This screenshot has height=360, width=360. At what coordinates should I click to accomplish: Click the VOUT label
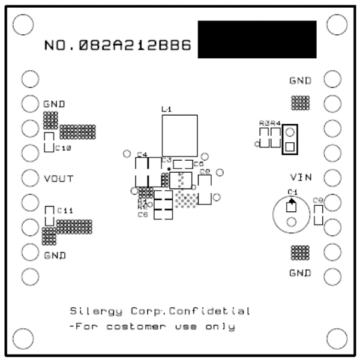[58, 179]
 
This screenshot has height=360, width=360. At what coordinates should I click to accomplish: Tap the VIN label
[301, 178]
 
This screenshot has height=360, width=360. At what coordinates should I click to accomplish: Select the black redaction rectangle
[256, 40]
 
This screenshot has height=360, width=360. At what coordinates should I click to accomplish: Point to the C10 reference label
[64, 148]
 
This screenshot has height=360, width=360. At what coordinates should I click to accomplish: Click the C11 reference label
[65, 211]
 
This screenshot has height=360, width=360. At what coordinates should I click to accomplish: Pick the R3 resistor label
[264, 123]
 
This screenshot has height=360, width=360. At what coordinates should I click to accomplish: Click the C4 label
[142, 155]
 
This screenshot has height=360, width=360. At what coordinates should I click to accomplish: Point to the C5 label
[199, 163]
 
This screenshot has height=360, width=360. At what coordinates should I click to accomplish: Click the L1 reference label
[167, 110]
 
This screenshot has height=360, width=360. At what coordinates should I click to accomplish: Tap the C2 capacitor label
[204, 172]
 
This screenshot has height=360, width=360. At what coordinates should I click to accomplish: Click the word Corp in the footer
[147, 311]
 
